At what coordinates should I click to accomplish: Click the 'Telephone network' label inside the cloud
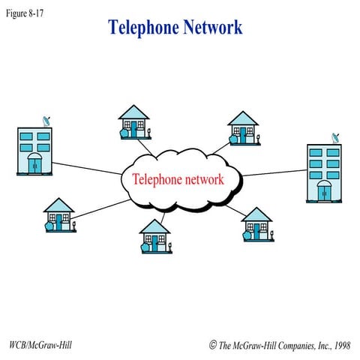pyautogui.click(x=178, y=179)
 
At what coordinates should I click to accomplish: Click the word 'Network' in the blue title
pyautogui.click(x=211, y=28)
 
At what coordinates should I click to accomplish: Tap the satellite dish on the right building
pyautogui.click(x=335, y=138)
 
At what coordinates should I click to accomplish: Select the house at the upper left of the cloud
pyautogui.click(x=134, y=121)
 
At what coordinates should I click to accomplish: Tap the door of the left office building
pyautogui.click(x=35, y=164)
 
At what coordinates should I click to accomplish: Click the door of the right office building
pyautogui.click(x=325, y=191)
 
